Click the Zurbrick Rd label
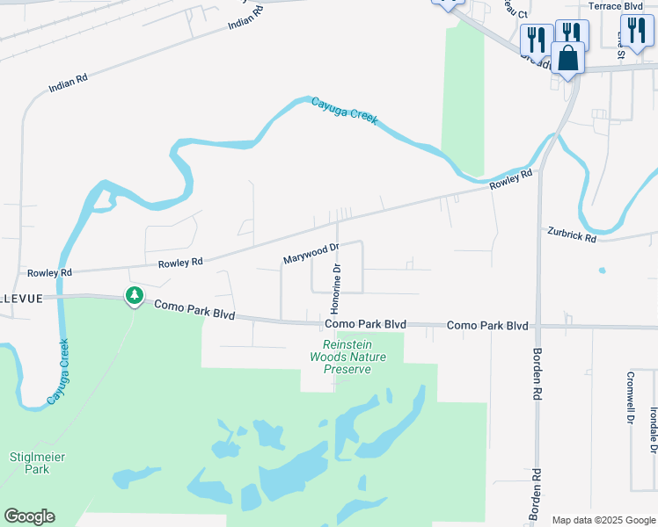coord(572,235)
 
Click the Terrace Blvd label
coord(616,5)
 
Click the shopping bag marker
coord(570,59)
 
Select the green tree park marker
coord(135,296)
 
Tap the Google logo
coord(29,516)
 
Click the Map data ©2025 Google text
coord(603,520)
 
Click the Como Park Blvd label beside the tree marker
coord(194,309)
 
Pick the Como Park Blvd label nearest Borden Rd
coord(487,325)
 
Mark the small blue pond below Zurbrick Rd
coord(602,270)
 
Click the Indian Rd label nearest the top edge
coord(245,18)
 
